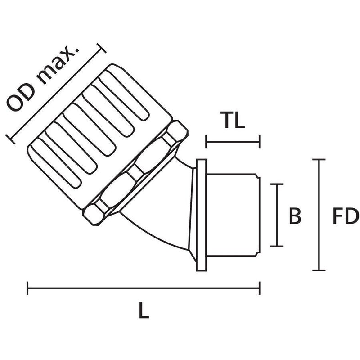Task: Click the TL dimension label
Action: [x=233, y=120]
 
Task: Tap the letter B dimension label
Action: [x=295, y=216]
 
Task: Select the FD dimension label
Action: [x=346, y=216]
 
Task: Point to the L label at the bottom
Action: [x=144, y=310]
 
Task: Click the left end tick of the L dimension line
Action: [x=27, y=288]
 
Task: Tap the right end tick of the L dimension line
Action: [x=260, y=288]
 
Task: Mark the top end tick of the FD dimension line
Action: [x=319, y=159]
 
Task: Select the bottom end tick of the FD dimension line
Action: [x=319, y=270]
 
